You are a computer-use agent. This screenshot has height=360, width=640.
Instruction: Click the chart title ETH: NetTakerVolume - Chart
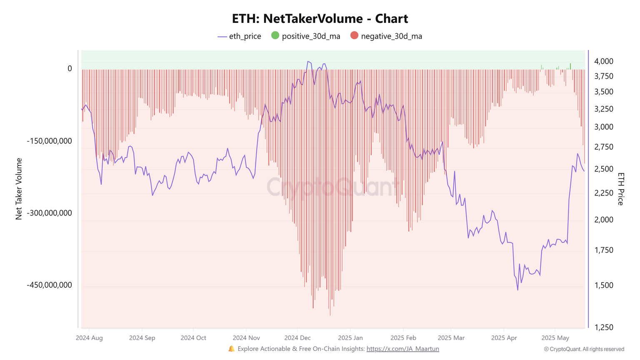coord(320,19)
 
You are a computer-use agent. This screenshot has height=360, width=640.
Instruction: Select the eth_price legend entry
coord(240,36)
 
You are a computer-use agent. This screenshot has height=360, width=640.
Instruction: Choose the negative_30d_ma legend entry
coord(386,36)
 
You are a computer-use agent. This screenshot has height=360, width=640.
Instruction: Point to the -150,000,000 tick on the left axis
coord(50,141)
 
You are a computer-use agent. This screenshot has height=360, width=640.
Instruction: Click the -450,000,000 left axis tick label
coord(50,285)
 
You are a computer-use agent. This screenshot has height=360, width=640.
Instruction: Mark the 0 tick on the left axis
coord(70,69)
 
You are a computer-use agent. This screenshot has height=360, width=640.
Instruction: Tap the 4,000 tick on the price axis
coord(604,61)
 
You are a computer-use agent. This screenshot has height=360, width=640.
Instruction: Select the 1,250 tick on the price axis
coord(604,327)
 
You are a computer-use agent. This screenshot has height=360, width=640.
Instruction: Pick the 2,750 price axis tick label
coord(604,147)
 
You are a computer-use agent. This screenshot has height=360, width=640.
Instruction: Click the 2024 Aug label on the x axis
coord(89,338)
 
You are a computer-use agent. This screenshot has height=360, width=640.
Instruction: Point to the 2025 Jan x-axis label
coord(350,338)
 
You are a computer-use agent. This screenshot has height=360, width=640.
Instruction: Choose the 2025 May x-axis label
coord(555,338)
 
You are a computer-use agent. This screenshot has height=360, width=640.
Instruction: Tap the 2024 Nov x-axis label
coord(246,338)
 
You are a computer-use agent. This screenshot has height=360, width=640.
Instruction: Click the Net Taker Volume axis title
coord(19,189)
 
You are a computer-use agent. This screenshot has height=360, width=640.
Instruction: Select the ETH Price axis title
coord(620,189)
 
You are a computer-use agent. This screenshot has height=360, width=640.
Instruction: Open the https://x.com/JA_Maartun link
coord(402,349)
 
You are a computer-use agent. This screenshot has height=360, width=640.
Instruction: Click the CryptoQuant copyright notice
coord(584,349)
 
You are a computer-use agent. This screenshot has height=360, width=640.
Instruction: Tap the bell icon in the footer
coord(232,349)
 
